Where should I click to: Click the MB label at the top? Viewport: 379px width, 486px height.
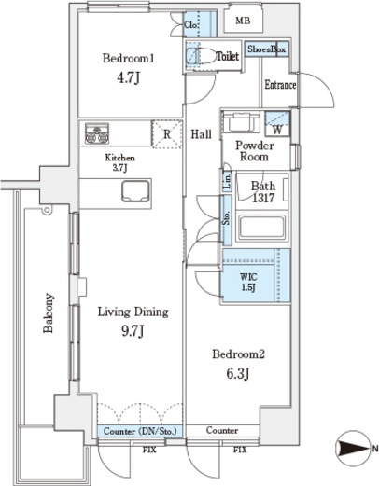click(x=243, y=21)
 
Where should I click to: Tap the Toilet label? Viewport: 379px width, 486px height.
click(x=228, y=56)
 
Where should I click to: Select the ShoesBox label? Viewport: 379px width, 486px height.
click(x=267, y=49)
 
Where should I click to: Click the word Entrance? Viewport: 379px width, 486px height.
click(x=280, y=85)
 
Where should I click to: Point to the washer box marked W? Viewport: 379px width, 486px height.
click(x=277, y=124)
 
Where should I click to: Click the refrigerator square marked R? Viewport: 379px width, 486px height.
click(x=167, y=134)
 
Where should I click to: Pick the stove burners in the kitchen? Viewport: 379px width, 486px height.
click(x=97, y=133)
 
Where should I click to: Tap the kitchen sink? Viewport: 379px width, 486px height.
click(x=135, y=190)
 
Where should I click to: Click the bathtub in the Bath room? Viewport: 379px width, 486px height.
click(x=261, y=226)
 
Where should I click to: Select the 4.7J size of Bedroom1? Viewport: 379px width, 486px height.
click(x=128, y=78)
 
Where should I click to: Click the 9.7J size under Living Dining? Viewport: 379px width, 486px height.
click(x=133, y=331)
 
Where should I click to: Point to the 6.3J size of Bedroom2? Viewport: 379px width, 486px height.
click(x=238, y=373)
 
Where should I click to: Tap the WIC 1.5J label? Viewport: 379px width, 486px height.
click(x=248, y=283)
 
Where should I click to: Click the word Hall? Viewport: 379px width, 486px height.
click(x=201, y=134)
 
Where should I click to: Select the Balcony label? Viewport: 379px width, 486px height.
click(x=49, y=312)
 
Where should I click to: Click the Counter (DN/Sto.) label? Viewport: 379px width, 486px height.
click(x=140, y=431)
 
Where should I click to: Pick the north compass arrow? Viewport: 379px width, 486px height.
click(x=353, y=448)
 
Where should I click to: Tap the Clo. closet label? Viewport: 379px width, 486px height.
click(x=190, y=24)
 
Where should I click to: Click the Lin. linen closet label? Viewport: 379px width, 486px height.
click(x=228, y=181)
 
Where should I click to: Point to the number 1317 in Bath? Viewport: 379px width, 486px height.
click(x=263, y=198)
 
